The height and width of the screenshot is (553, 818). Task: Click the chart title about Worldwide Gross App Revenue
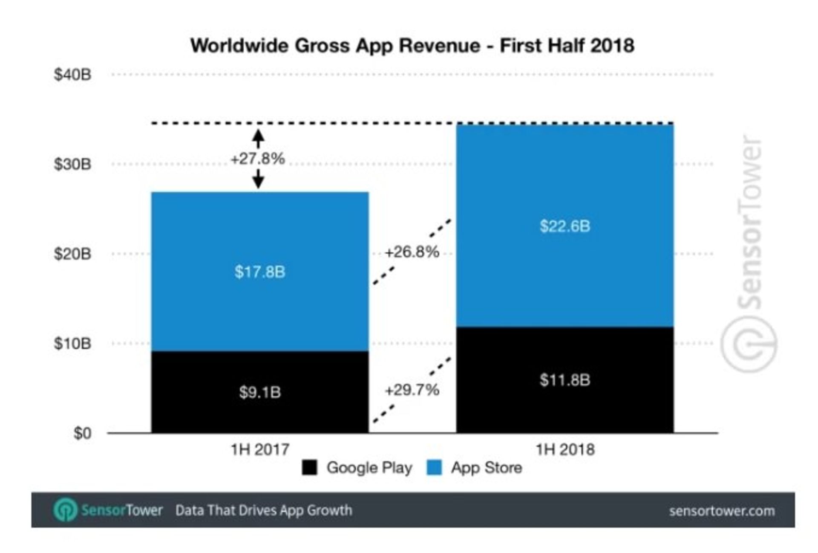412,46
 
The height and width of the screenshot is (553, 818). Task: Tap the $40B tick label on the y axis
72,75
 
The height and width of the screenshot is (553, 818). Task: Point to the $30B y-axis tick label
72,164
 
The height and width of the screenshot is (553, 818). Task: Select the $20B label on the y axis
72,254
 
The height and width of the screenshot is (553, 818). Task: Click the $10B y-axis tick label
72,343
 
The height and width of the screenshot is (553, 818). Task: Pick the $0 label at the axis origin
82,433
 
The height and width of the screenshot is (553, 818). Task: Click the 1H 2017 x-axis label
260,449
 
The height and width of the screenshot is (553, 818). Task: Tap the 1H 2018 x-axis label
565,449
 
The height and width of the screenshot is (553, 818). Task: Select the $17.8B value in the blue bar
260,272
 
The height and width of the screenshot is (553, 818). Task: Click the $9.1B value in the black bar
260,392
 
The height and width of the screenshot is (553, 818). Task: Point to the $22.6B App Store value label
565,226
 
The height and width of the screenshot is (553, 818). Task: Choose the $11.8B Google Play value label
565,380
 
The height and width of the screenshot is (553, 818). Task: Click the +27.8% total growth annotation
258,159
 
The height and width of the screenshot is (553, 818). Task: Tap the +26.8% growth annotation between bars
412,252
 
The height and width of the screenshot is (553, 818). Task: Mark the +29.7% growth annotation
412,390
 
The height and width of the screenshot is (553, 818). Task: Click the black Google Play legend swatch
310,467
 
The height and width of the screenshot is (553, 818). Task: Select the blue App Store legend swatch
434,467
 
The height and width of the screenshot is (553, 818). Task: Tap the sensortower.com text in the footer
722,511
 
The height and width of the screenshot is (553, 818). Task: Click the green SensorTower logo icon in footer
65,510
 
